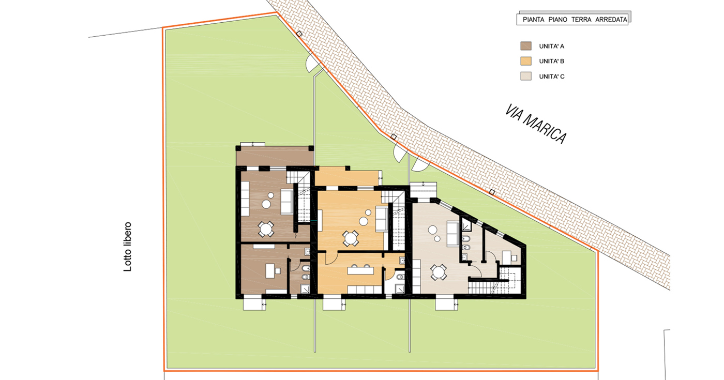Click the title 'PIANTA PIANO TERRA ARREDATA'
[575, 20]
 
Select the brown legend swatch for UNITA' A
[526, 46]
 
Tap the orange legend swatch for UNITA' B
[526, 61]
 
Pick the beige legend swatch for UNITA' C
[526, 77]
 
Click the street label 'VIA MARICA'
[536, 125]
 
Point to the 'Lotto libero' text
[128, 247]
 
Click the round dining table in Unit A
[266, 228]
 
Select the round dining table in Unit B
[351, 238]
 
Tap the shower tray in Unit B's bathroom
[399, 288]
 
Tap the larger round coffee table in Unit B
[363, 221]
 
